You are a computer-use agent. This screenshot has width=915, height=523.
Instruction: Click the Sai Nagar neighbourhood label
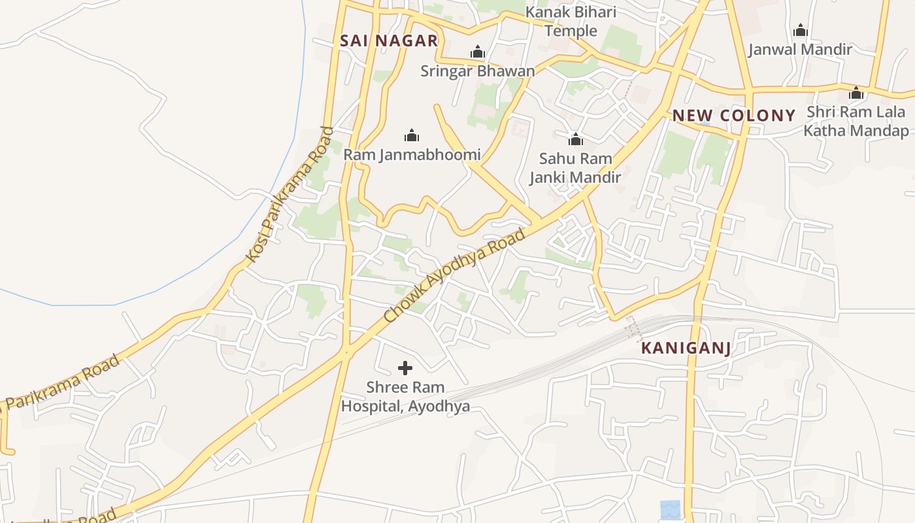point(388,41)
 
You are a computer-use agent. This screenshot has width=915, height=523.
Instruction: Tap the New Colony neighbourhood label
point(734,116)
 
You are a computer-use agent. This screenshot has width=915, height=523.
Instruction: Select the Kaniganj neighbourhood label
point(686,348)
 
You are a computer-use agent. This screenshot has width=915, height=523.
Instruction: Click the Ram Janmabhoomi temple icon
point(412,135)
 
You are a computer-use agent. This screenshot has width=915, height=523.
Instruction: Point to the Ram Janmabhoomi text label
point(412,155)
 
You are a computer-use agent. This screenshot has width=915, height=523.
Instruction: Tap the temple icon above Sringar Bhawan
point(478,52)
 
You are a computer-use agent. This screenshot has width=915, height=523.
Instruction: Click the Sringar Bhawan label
point(478,71)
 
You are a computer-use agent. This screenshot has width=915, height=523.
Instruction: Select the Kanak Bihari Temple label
point(571,22)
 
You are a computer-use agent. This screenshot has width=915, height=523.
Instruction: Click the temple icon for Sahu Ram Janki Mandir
point(576,139)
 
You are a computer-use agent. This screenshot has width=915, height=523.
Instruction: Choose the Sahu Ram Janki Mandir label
point(575,167)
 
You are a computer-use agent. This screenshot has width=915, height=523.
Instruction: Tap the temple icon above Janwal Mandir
point(800,30)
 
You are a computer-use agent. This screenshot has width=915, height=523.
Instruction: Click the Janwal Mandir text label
point(800,49)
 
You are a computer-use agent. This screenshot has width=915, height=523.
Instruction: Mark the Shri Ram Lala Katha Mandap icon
point(856,93)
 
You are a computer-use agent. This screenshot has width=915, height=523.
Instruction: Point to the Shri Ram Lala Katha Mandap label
point(856,121)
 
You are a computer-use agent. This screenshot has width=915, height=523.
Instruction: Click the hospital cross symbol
point(405,368)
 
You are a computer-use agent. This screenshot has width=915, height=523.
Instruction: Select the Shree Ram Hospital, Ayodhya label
point(405,397)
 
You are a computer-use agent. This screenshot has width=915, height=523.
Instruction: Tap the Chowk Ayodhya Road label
point(455,275)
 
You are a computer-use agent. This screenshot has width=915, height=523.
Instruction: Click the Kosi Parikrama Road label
point(290,195)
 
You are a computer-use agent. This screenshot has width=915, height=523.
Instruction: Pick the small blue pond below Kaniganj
point(670,509)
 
